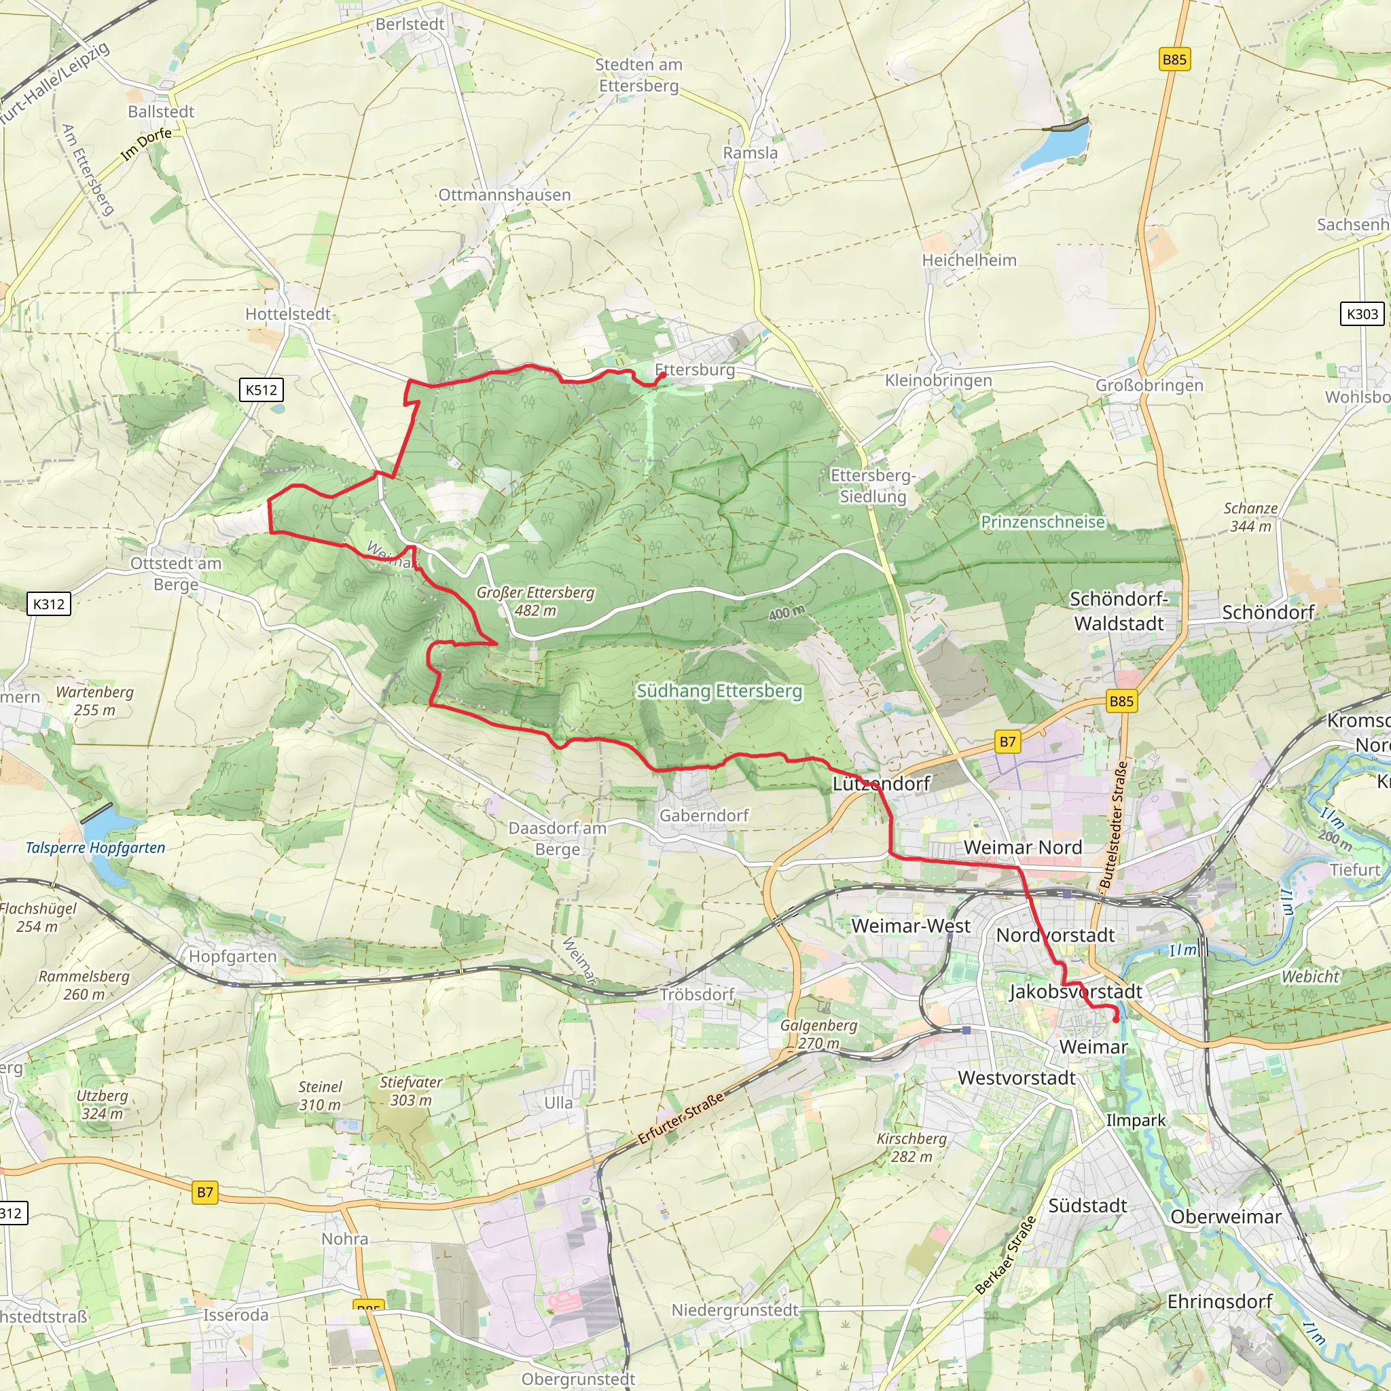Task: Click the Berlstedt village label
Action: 410,24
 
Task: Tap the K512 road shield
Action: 261,391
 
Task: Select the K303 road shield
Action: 1362,314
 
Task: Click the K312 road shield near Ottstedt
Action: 49,604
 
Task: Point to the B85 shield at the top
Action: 1174,60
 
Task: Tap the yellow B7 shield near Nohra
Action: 205,1192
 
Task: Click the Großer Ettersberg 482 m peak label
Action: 535,601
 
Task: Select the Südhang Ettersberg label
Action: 719,691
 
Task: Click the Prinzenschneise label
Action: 1043,522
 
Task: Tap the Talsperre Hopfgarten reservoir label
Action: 95,848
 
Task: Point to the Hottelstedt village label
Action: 288,314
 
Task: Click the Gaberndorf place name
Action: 704,816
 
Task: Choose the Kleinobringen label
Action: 938,381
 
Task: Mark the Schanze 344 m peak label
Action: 1250,517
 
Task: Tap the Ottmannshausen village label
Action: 504,195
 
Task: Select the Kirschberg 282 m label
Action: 911,1147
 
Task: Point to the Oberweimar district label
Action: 1225,1216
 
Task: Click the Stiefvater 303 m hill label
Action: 411,1091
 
